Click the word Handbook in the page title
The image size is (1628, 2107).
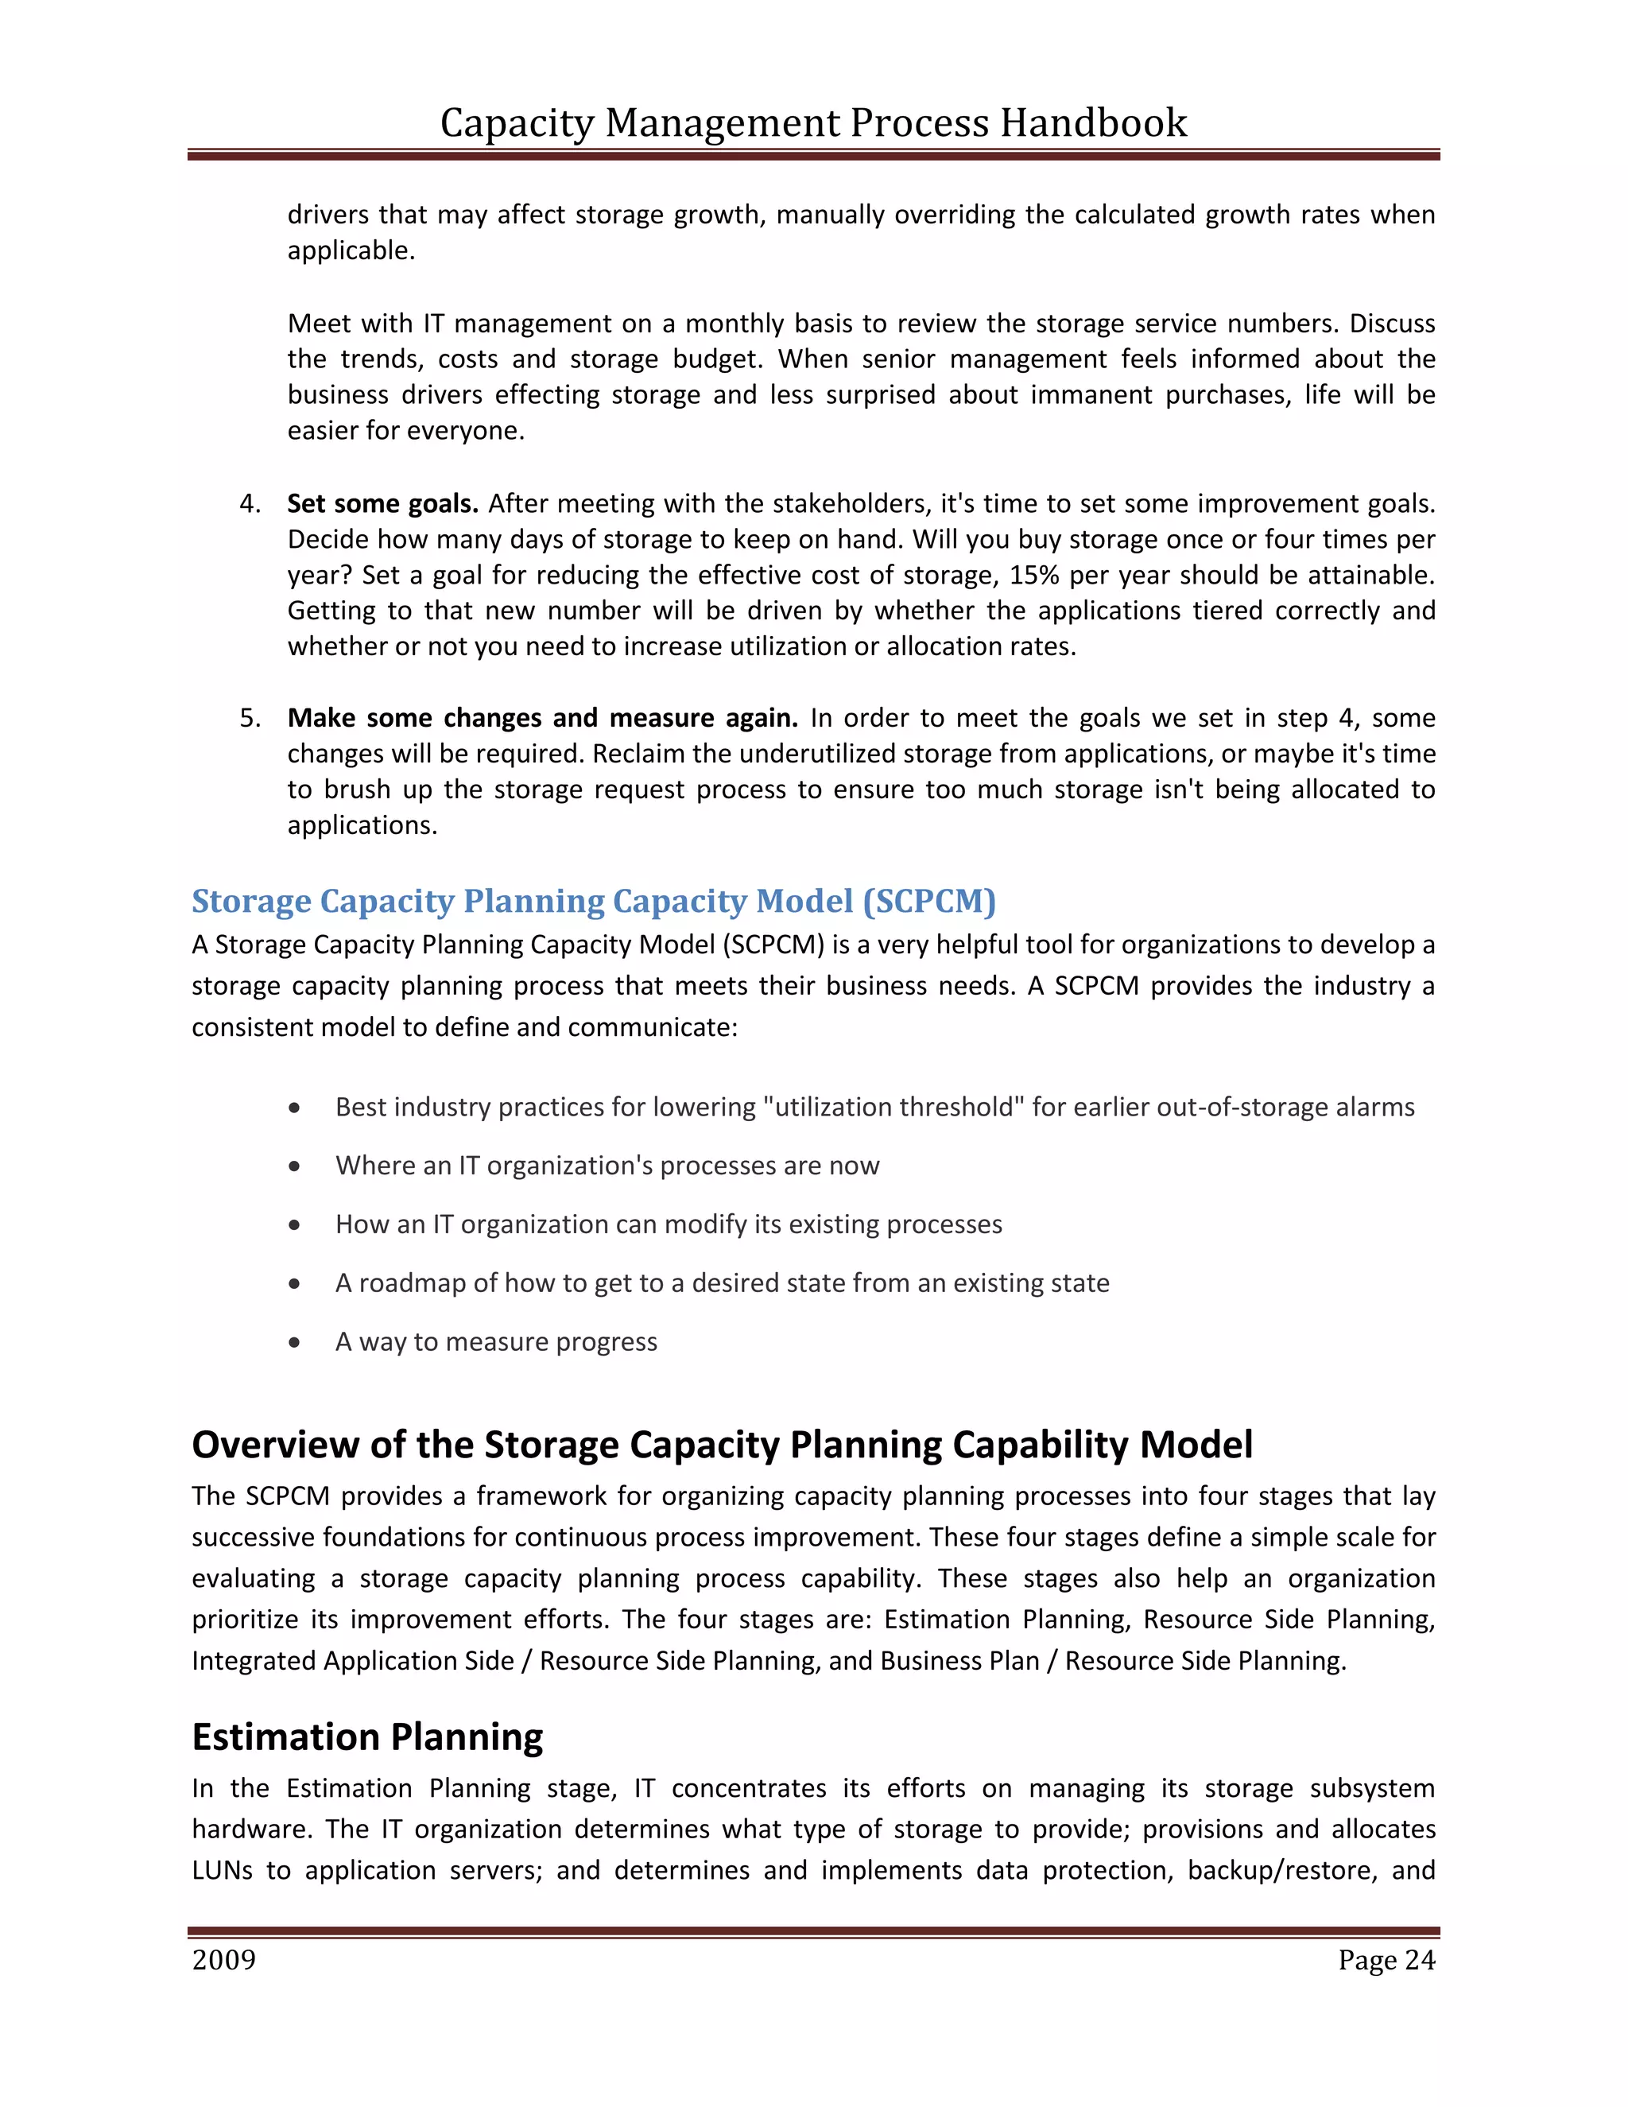point(1093,122)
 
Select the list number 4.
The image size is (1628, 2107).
point(250,503)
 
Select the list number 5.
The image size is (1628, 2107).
point(250,718)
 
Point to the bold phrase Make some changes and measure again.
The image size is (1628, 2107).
point(542,718)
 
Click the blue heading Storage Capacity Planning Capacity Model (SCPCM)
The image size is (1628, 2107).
point(593,900)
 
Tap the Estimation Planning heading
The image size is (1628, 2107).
point(367,1736)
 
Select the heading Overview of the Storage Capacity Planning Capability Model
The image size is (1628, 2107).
point(722,1444)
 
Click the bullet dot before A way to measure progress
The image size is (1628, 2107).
point(295,1342)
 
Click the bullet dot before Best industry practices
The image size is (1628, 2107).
point(295,1108)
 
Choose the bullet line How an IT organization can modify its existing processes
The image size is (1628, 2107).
point(669,1224)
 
